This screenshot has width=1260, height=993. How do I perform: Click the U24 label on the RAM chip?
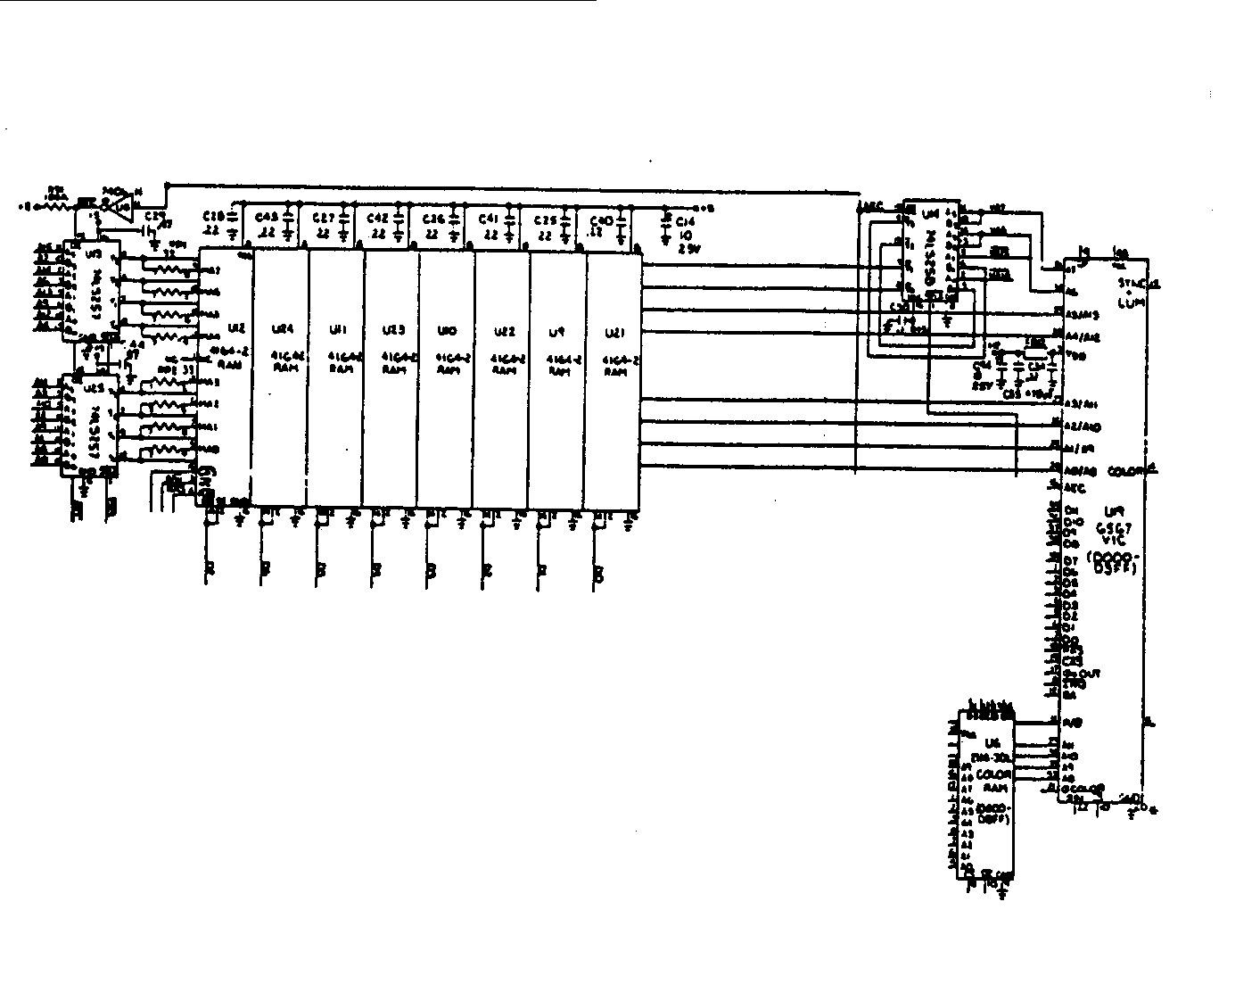click(x=280, y=330)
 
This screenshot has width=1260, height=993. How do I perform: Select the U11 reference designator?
click(x=336, y=330)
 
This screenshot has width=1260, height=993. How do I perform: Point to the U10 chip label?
click(x=447, y=331)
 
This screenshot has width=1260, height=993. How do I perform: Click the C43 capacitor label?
click(x=267, y=217)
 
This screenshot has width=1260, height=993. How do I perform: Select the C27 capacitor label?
click(x=323, y=217)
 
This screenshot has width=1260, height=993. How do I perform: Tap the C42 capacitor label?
click(x=377, y=217)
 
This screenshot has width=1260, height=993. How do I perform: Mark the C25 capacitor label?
click(x=544, y=219)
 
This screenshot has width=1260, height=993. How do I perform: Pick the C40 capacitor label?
click(x=600, y=219)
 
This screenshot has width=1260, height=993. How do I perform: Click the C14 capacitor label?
click(x=685, y=220)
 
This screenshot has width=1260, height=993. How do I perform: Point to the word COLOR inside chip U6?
click(x=992, y=774)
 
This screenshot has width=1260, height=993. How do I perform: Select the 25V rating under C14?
click(x=685, y=250)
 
